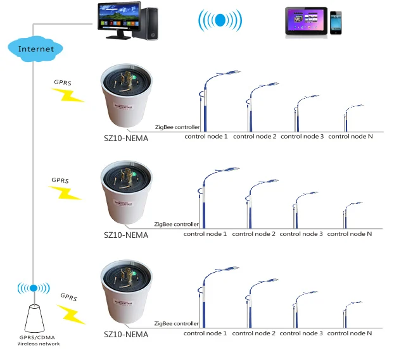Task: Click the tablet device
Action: tap(306, 23)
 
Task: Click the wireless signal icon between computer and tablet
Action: tap(220, 20)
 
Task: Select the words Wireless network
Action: tap(39, 344)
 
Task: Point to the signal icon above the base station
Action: tap(34, 289)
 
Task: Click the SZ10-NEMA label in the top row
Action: tap(126, 138)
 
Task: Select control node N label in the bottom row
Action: tap(350, 333)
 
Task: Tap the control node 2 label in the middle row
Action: tap(255, 234)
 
